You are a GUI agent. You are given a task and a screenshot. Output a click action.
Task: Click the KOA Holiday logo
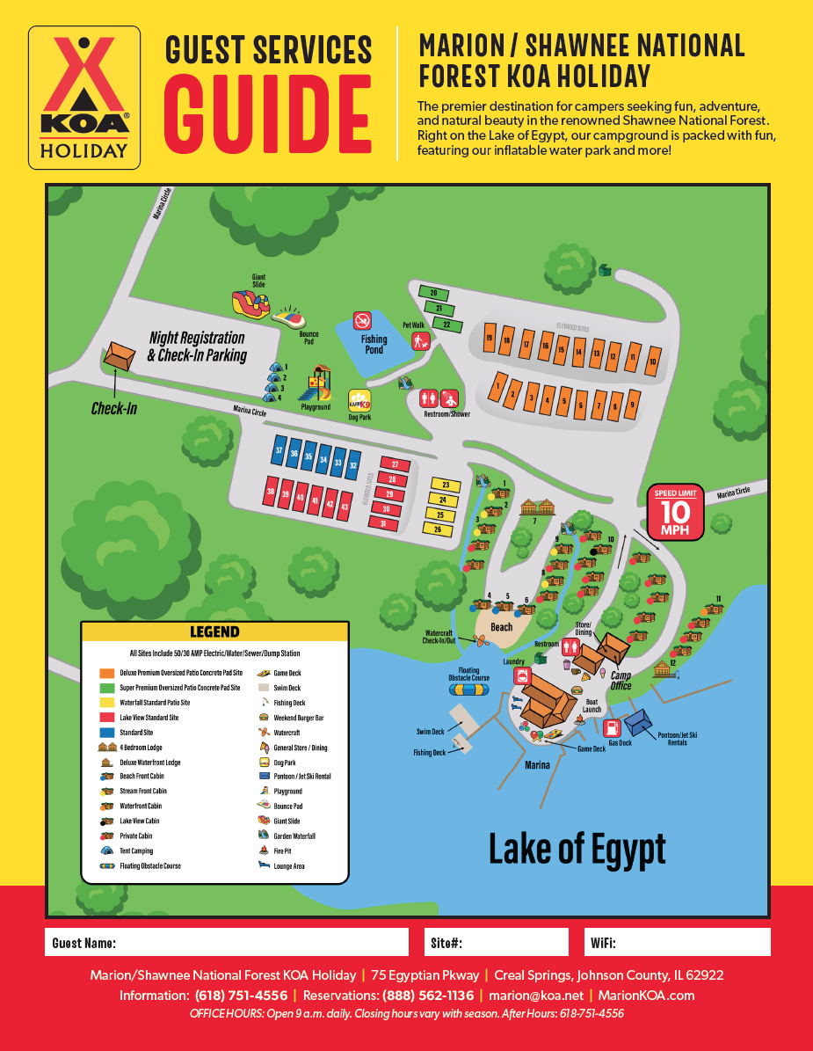(84, 97)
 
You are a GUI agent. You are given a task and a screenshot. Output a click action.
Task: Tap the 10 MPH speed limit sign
(676, 512)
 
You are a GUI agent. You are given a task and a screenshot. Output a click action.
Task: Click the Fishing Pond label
(374, 344)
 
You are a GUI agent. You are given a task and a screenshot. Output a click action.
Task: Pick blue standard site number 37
(279, 451)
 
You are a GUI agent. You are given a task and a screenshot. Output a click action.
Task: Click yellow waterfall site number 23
(446, 485)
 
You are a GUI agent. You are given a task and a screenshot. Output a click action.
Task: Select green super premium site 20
(433, 293)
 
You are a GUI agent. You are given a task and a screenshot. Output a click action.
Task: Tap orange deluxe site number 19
(490, 339)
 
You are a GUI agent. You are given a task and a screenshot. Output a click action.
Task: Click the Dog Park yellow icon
(359, 401)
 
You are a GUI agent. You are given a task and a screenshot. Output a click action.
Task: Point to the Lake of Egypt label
(577, 850)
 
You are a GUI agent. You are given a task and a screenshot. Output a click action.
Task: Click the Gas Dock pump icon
(613, 727)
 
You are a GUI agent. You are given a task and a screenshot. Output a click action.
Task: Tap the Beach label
(501, 627)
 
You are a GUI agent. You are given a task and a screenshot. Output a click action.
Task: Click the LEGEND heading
(214, 631)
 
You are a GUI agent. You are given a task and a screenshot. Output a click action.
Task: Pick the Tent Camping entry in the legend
(136, 851)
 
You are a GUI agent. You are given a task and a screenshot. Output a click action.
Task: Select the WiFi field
(678, 943)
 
